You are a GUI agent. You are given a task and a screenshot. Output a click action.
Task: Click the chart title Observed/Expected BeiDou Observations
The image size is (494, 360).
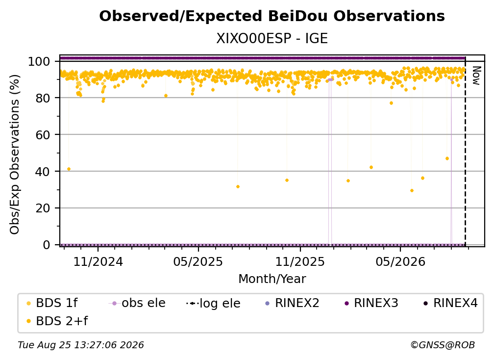272,16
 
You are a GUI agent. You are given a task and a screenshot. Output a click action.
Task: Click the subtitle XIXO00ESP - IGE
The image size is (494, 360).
272,38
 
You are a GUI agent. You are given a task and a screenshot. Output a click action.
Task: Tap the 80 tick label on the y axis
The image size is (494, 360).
43,98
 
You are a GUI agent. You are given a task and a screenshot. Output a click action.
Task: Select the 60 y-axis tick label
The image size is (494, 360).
43,134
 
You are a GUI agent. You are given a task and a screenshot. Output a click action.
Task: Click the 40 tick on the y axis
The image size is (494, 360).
43,172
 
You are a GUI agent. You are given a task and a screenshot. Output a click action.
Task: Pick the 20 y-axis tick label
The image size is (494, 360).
43,208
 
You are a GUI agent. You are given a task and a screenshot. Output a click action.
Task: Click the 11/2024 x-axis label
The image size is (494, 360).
98,261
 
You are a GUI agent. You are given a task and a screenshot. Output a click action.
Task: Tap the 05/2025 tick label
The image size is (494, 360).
198,261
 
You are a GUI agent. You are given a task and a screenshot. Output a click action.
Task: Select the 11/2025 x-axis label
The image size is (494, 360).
300,261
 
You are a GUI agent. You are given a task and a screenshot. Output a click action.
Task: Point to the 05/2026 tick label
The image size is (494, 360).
400,261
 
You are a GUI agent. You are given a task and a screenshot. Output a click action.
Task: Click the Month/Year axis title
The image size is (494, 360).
272,279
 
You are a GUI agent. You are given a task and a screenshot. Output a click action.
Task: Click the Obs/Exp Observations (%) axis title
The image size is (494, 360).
15,154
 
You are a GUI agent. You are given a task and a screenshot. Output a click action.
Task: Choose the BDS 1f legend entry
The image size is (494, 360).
52,303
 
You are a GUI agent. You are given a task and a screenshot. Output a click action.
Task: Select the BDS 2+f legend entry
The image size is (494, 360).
57,321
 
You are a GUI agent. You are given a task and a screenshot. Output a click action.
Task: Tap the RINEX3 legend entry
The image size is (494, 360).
372,303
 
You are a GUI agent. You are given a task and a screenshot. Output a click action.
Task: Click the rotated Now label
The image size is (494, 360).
476,76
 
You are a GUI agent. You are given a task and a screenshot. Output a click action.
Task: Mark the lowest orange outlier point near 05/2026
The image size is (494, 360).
412,190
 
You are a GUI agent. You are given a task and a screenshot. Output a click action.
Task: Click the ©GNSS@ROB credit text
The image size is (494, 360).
443,345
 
